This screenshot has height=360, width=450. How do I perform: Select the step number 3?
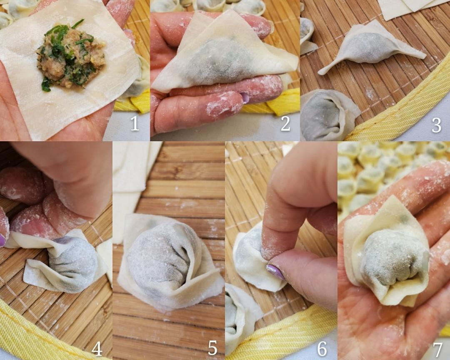(x=436, y=125)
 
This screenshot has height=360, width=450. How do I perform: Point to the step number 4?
(x=97, y=348)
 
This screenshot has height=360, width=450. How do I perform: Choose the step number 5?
(x=212, y=348)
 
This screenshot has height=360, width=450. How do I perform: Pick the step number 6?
(x=322, y=348)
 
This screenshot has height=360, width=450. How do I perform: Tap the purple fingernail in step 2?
(x=245, y=97)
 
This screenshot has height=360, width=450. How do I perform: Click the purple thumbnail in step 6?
(x=275, y=272)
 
